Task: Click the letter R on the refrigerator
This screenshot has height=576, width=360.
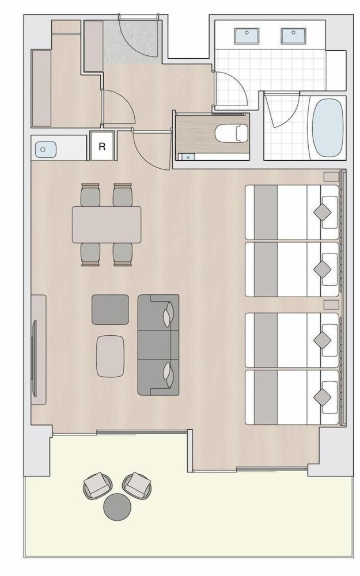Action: pyautogui.click(x=102, y=146)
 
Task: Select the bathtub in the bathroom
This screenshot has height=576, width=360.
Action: pyautogui.click(x=328, y=128)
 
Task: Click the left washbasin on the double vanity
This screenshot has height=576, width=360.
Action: pyautogui.click(x=247, y=36)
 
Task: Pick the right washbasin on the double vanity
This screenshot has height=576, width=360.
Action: pyautogui.click(x=293, y=36)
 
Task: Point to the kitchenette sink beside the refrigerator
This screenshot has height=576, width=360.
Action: pyautogui.click(x=46, y=150)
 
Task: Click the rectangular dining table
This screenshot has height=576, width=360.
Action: pyautogui.click(x=107, y=225)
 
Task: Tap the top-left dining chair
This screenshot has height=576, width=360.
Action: pyautogui.click(x=90, y=195)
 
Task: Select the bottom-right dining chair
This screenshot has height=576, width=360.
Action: pyautogui.click(x=123, y=254)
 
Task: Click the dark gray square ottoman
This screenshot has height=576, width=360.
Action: pyautogui.click(x=110, y=309)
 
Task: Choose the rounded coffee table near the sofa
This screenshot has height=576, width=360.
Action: pyautogui.click(x=110, y=356)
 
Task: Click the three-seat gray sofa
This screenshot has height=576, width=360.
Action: pyautogui.click(x=158, y=344)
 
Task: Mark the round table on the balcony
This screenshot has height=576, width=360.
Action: pyautogui.click(x=118, y=506)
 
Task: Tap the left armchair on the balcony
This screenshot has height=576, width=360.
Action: pyautogui.click(x=97, y=485)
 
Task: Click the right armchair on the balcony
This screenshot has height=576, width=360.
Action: pyautogui.click(x=137, y=485)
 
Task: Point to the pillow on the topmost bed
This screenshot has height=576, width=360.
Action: pyautogui.click(x=329, y=213)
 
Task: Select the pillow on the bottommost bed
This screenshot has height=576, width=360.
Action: pyautogui.click(x=329, y=397)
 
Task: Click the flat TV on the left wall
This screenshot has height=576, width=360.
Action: pyautogui.click(x=35, y=358)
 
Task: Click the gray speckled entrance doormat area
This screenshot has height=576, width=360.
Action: pyautogui.click(x=131, y=41)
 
